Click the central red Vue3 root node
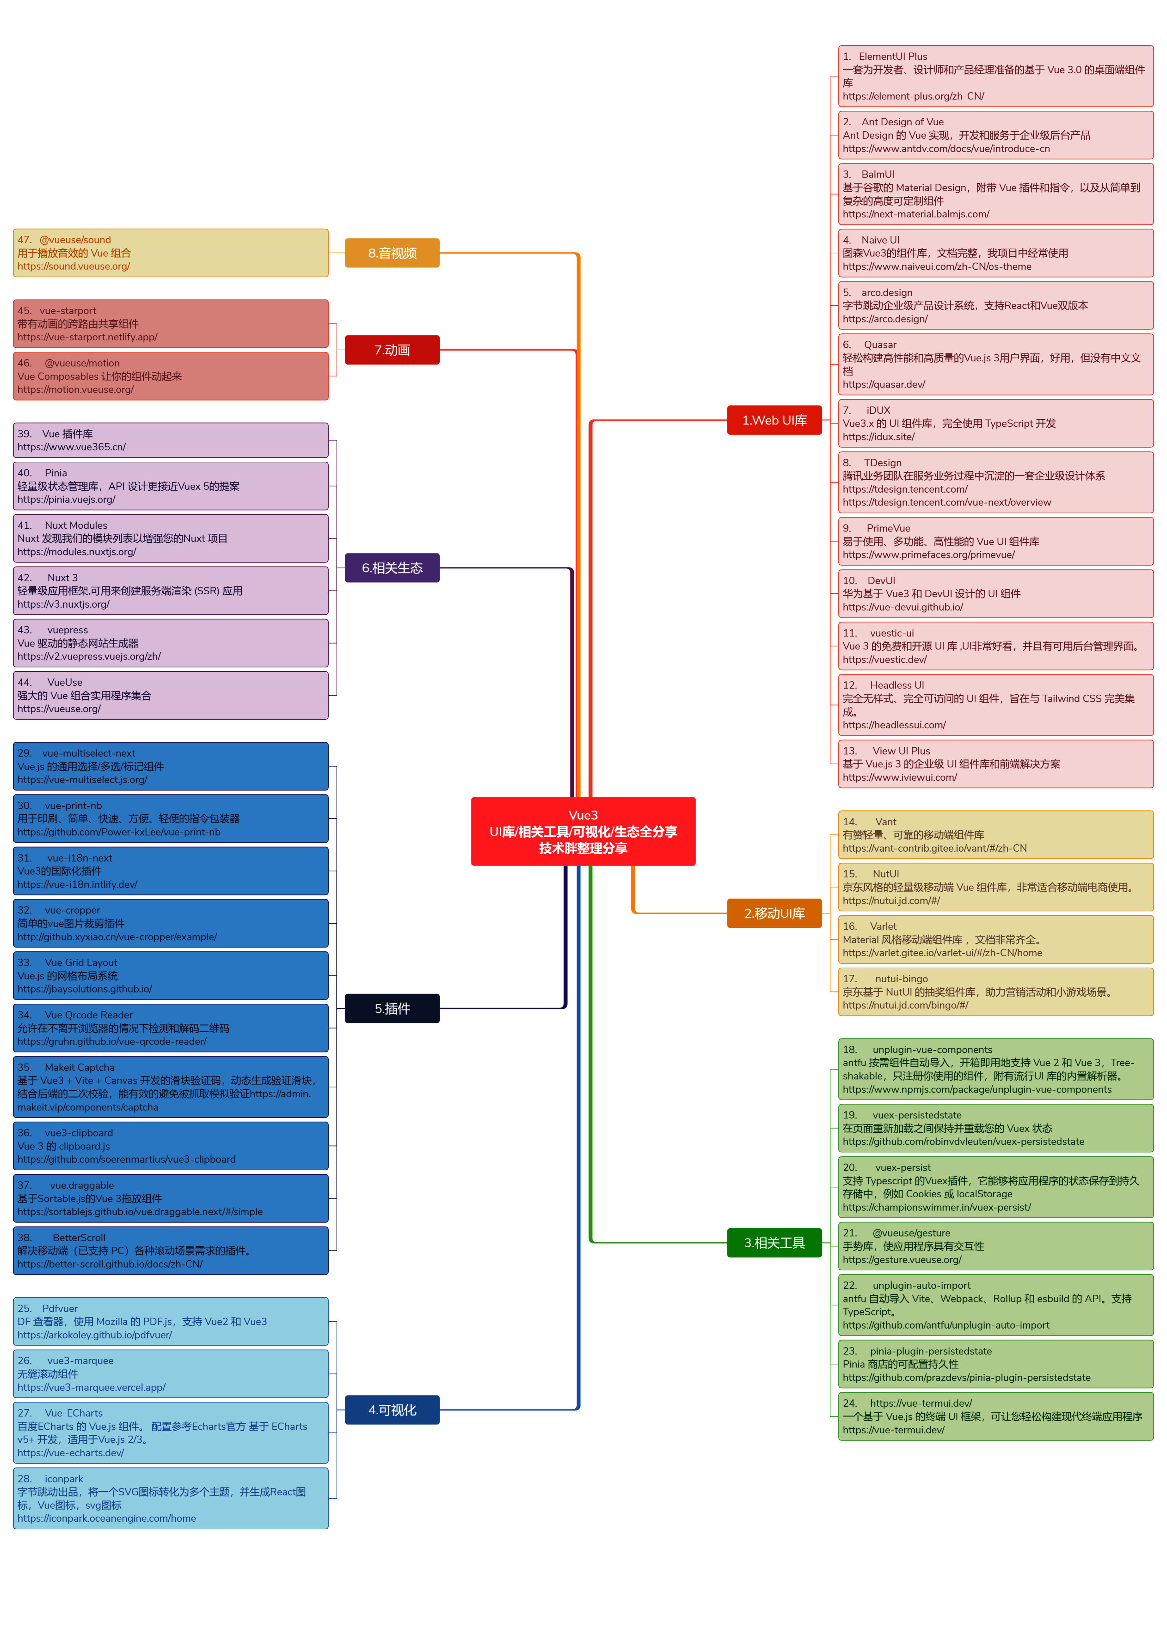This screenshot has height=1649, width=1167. pos(583,831)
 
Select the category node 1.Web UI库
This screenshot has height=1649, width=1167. pos(774,420)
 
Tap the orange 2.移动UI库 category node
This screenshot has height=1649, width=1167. pos(774,913)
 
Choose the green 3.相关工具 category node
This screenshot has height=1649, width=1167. pos(774,1242)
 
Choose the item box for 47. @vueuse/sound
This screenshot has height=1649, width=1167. pos(170,253)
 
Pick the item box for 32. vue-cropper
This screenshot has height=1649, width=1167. pos(170,923)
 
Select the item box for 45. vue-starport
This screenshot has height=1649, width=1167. pos(170,324)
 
